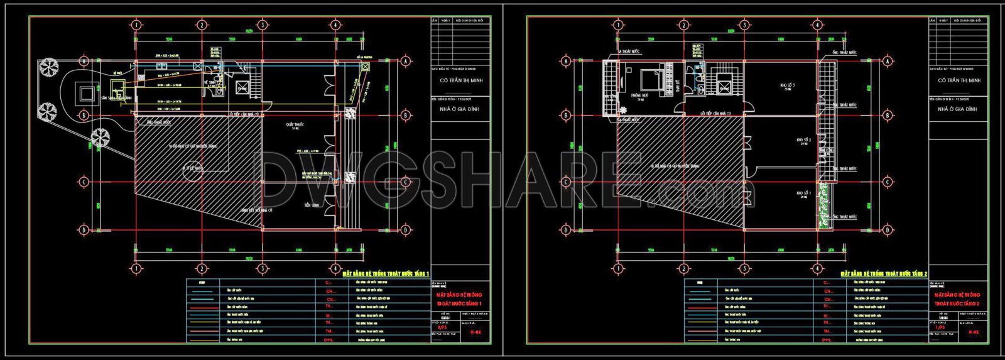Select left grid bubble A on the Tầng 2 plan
click(x=566, y=62)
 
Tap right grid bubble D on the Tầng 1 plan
click(x=406, y=229)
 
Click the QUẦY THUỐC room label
click(x=295, y=125)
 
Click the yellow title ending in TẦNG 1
click(x=385, y=274)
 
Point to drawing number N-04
click(x=475, y=332)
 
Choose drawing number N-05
click(x=973, y=332)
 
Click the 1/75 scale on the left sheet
click(x=442, y=327)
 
